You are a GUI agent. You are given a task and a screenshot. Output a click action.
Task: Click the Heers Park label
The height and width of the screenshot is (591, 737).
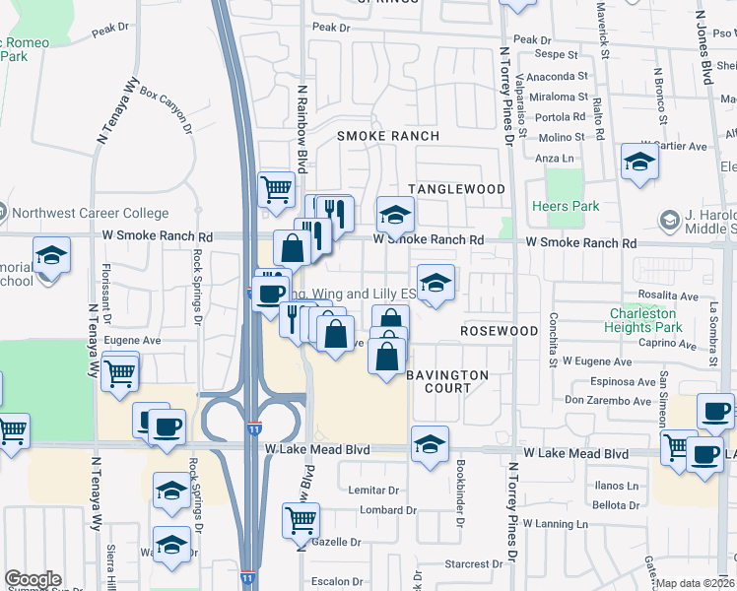565,207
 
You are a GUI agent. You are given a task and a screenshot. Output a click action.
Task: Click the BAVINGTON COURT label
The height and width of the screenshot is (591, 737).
447,381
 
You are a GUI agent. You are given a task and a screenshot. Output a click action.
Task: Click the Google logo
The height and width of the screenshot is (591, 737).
33,579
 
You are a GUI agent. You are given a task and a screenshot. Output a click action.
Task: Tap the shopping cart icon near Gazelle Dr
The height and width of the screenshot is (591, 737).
301,518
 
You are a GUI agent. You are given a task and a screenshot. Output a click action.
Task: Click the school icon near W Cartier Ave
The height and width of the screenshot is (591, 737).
639,162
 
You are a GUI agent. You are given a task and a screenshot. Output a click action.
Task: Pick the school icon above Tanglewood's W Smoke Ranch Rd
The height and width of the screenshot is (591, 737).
395,214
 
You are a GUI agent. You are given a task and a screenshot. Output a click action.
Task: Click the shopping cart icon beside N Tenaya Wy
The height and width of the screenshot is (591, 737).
120,371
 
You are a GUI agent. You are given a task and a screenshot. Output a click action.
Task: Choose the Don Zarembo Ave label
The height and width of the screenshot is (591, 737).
608,402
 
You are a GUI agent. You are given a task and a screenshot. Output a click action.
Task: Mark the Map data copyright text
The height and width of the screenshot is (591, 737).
696,583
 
